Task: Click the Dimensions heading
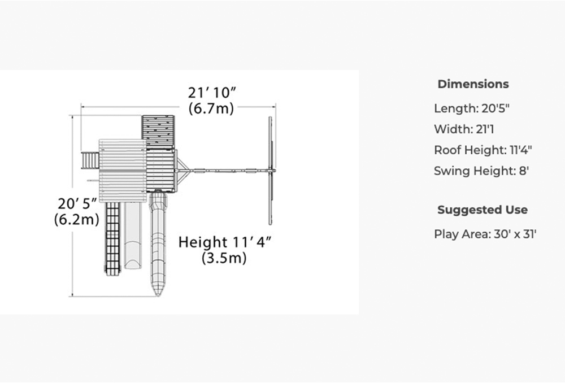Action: tap(473, 84)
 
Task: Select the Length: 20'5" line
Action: tap(472, 108)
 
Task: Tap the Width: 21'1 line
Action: tap(464, 129)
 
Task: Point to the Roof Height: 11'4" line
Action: tap(483, 150)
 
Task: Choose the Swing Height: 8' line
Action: tap(481, 171)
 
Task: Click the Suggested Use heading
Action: tap(483, 210)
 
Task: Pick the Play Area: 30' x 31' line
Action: tap(485, 234)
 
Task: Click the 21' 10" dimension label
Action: tap(212, 93)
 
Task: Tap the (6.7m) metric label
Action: tap(211, 108)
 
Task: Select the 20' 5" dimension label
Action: tap(77, 203)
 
